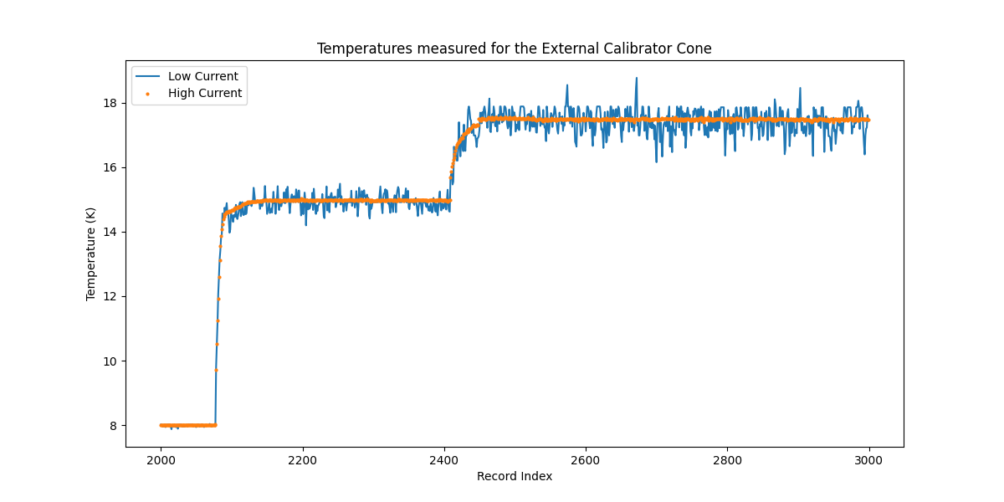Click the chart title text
pos(514,49)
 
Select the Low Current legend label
pos(202,76)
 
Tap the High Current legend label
pos(205,93)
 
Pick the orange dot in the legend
pos(147,94)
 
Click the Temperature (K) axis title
pos(90,254)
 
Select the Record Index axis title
pos(514,476)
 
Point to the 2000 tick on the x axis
pos(161,458)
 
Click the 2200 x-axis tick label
pos(303,458)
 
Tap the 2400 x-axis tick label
pos(444,458)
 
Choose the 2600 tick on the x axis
pos(586,458)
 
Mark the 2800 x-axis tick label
pos(727,458)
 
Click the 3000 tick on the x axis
pos(868,458)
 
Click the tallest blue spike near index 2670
pos(636,79)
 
